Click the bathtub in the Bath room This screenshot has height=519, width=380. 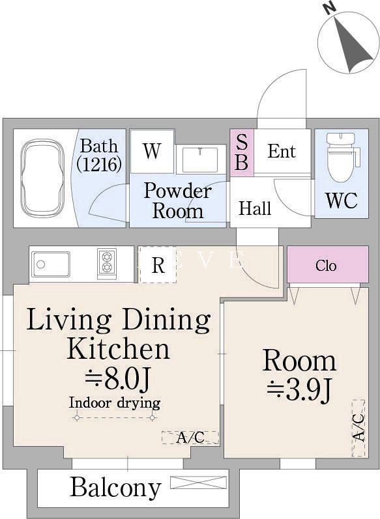(x=42, y=178)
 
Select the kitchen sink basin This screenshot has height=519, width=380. (x=51, y=264)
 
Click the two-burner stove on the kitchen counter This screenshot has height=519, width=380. (x=107, y=264)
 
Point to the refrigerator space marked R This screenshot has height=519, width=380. (x=158, y=264)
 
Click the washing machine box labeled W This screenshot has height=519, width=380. (x=153, y=151)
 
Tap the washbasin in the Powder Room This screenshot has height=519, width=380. (x=200, y=159)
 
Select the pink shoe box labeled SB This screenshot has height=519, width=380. (x=242, y=152)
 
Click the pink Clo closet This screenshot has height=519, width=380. (x=328, y=264)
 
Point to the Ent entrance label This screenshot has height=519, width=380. (x=282, y=151)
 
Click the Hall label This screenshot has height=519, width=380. (x=255, y=208)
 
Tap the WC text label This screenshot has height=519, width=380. (x=342, y=200)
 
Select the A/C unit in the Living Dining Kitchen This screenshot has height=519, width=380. (x=190, y=437)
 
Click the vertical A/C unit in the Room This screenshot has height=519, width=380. (x=358, y=428)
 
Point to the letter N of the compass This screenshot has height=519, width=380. (x=330, y=8)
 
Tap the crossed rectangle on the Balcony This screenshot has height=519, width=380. (x=198, y=483)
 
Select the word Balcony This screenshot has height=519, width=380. (x=115, y=488)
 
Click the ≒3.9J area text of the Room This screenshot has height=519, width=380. (x=299, y=391)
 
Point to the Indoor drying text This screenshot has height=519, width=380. (x=115, y=403)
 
